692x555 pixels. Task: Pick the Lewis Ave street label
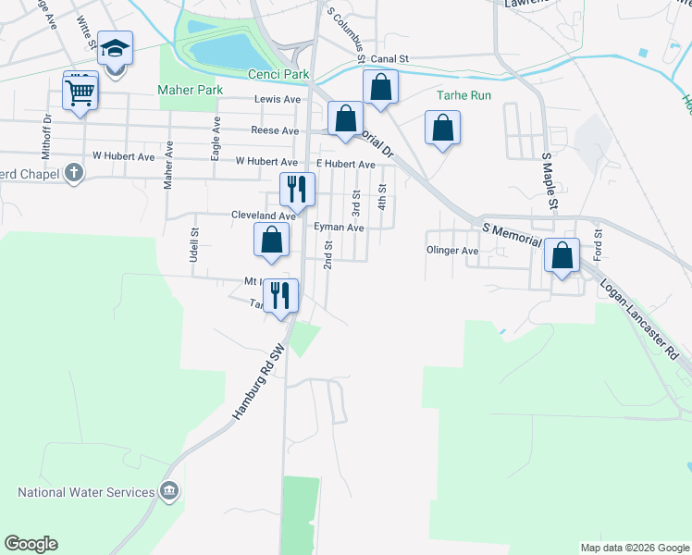click(x=278, y=99)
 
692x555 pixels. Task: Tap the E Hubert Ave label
click(x=344, y=165)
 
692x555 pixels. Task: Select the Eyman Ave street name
click(x=339, y=227)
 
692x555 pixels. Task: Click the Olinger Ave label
click(x=451, y=251)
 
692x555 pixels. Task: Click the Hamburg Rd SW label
click(x=256, y=384)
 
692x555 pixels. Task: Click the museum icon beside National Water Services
click(x=169, y=490)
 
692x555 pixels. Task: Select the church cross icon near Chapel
click(x=74, y=173)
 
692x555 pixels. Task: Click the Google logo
click(x=31, y=544)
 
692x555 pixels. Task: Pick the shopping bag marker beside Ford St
click(x=562, y=255)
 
